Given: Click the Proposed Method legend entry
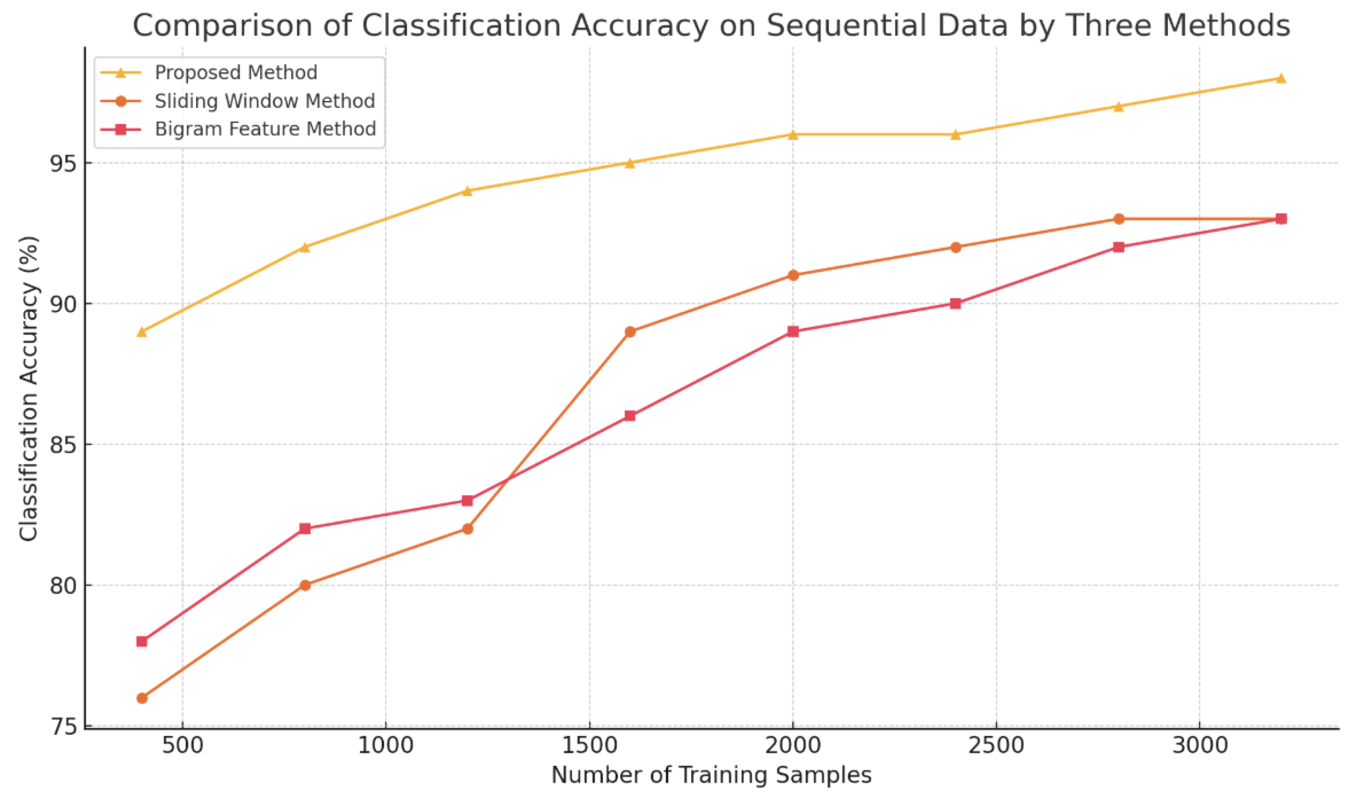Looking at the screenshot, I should (235, 72).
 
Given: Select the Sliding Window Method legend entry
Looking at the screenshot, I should (264, 101).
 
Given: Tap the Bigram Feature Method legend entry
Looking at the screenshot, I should (265, 129).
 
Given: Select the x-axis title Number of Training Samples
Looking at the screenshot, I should (711, 775).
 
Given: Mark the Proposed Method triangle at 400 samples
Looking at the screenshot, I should (142, 332).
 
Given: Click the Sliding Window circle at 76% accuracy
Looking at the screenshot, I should (142, 698).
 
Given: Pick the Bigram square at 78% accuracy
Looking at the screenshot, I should (142, 642).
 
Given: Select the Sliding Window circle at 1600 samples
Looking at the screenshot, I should (630, 332).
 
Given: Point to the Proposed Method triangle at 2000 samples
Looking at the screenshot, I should (793, 135).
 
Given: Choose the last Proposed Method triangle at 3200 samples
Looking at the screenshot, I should (1281, 78).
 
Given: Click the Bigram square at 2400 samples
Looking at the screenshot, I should (955, 303).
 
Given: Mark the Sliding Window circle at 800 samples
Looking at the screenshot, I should (304, 586).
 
